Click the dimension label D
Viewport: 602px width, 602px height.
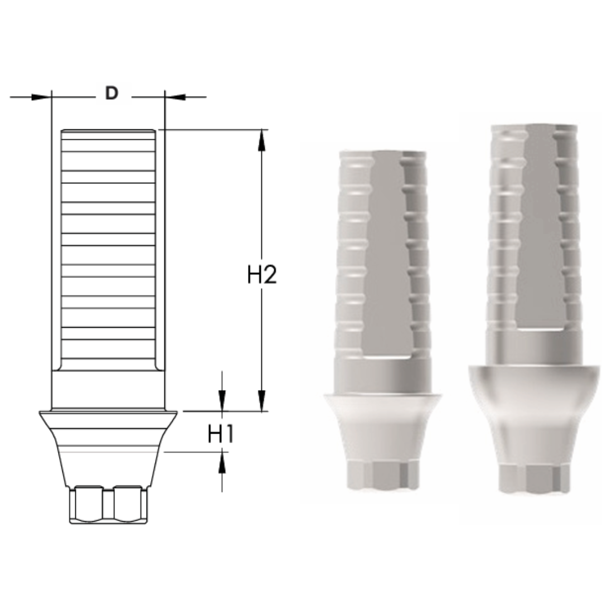111,93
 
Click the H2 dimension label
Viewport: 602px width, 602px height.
261,275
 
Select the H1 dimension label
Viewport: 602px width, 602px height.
221,435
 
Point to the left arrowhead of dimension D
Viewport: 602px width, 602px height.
41,97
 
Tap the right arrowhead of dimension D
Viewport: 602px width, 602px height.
175,97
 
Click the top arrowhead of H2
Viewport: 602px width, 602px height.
262,140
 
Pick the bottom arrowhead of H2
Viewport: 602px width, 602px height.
262,401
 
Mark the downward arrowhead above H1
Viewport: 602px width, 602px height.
222,400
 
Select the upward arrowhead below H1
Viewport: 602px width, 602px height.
222,463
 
